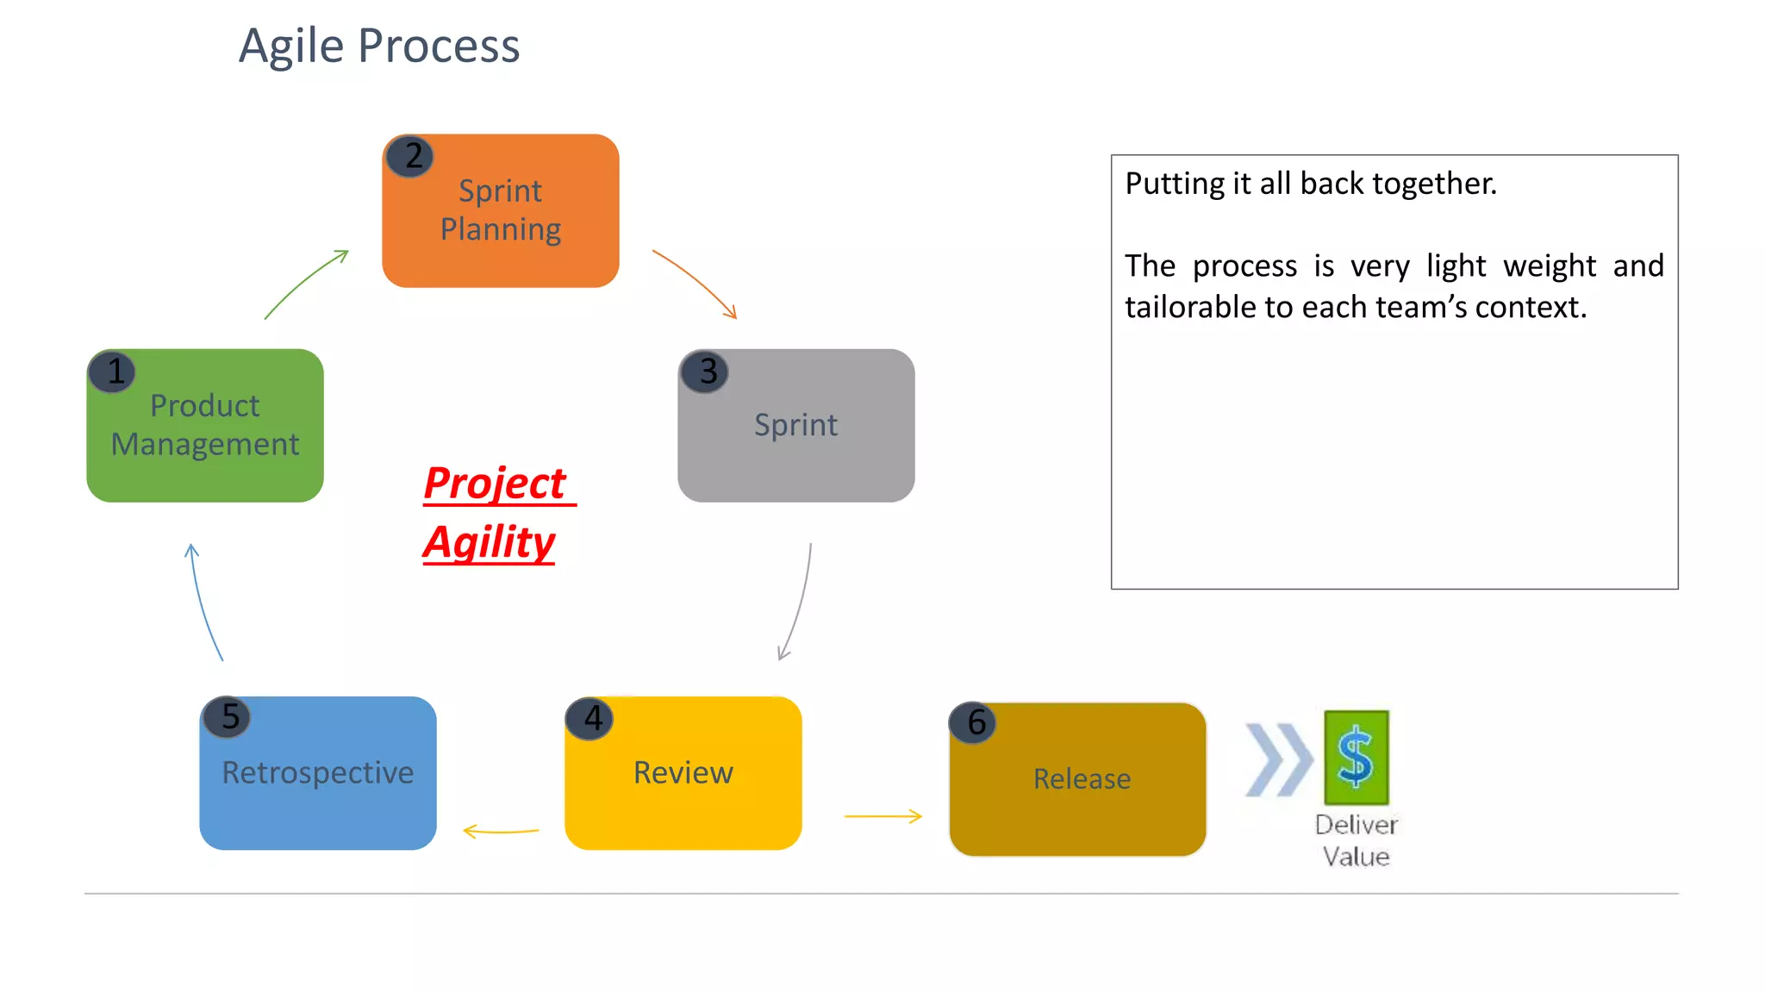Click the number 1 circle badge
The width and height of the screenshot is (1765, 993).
[112, 372]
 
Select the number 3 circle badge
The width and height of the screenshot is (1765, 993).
[705, 372]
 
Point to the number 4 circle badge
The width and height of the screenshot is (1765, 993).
[590, 719]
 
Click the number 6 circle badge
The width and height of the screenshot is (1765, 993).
[973, 722]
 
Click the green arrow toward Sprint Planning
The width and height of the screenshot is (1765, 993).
[306, 284]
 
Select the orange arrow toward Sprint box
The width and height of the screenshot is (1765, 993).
[695, 284]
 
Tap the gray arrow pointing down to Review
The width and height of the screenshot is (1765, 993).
[798, 603]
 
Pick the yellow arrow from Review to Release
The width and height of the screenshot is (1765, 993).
[882, 815]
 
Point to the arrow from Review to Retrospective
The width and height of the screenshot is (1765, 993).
[501, 831]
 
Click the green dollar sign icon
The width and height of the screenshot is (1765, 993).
[1356, 757]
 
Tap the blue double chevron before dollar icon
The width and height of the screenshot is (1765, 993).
[1278, 759]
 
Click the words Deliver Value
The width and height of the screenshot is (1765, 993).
[1356, 840]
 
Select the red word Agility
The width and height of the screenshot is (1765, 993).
[489, 542]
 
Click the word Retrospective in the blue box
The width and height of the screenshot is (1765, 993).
[318, 772]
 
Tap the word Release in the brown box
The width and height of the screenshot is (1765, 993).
[1082, 778]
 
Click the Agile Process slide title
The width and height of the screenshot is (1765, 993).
[379, 46]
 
